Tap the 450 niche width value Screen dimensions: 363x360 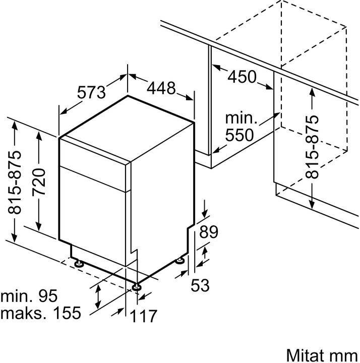[x=242, y=77]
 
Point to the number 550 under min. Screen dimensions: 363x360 [x=241, y=136]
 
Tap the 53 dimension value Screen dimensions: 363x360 [x=200, y=285]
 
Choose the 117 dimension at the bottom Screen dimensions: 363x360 [x=143, y=316]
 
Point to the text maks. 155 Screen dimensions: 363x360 [x=40, y=313]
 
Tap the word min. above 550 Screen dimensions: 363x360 [x=241, y=119]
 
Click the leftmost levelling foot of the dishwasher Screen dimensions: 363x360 [x=79, y=263]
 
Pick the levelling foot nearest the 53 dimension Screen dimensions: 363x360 [x=180, y=260]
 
